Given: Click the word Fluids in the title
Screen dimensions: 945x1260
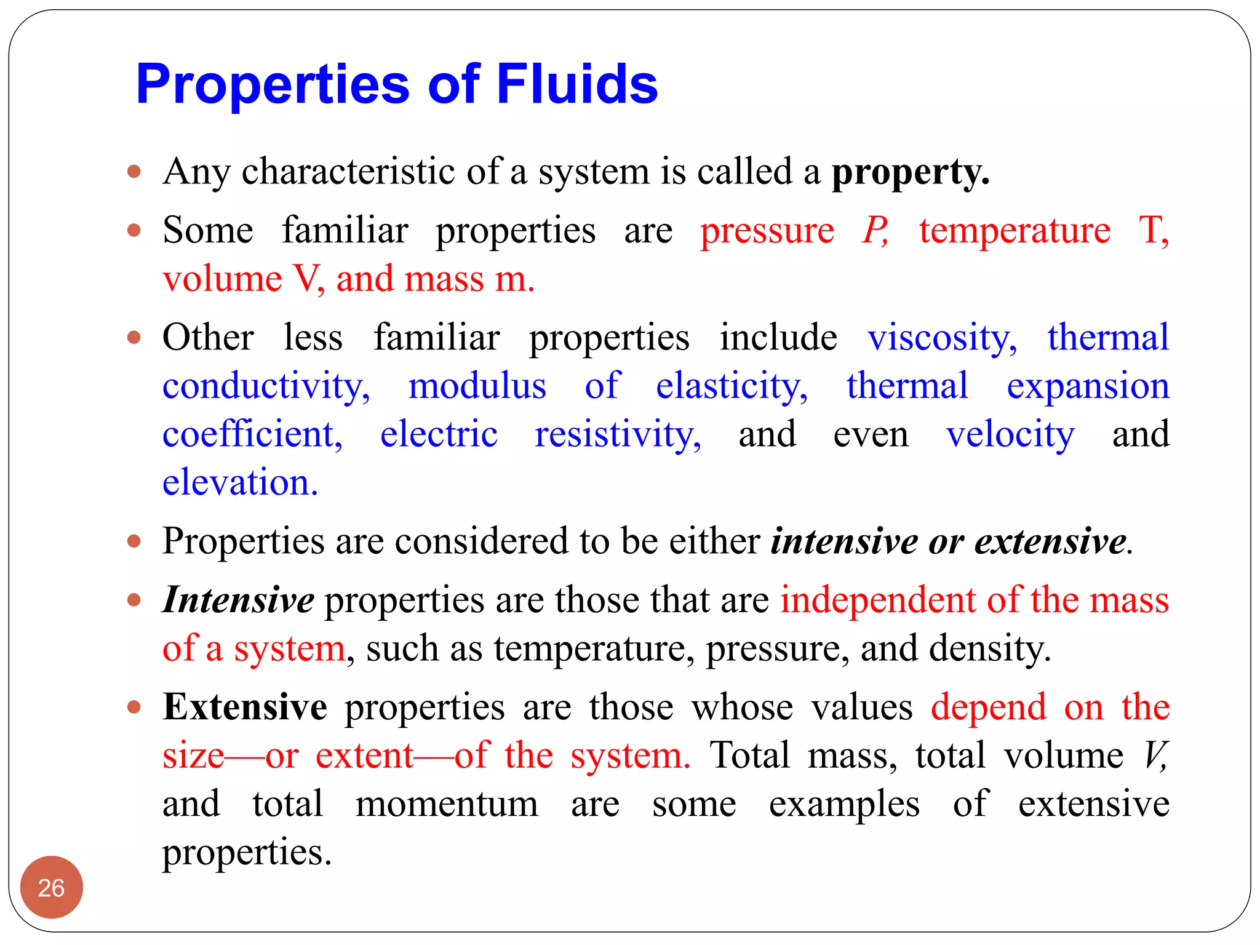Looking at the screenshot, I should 576,84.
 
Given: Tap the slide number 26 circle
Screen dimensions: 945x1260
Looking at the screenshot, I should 51,888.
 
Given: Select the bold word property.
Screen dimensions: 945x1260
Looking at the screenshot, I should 910,172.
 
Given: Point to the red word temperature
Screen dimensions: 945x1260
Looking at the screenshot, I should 1015,231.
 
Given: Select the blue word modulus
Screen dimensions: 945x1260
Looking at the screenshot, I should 477,386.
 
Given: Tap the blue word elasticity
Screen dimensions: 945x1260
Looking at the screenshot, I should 732,386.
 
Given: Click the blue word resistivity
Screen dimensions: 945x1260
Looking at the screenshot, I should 618,434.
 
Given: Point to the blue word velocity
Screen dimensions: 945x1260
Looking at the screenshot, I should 1010,434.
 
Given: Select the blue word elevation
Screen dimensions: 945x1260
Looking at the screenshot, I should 240,482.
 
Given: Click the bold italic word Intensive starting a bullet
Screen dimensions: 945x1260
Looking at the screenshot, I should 238,600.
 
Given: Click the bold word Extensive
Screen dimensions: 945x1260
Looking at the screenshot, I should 244,707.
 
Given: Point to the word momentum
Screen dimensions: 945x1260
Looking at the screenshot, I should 447,804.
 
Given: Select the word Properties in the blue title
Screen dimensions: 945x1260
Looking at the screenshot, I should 273,84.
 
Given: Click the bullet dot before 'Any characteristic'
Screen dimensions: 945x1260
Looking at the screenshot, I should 134,171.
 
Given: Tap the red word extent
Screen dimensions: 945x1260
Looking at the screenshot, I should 364,756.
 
